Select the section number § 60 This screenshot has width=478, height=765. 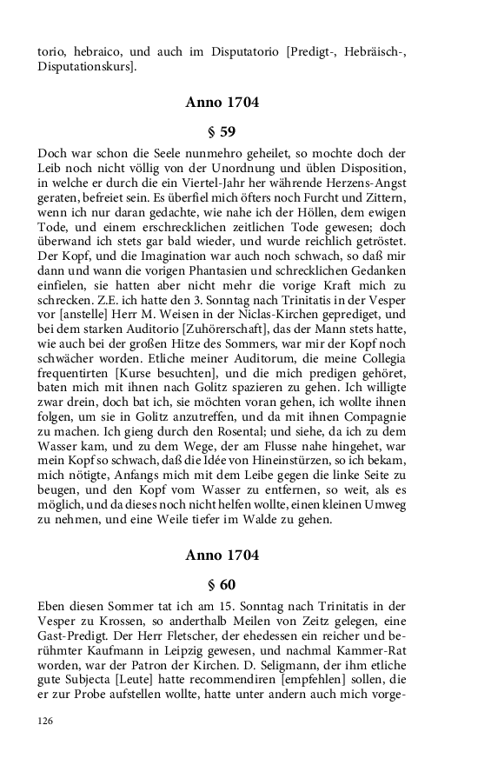click(222, 585)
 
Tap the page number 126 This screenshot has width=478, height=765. click(46, 721)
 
